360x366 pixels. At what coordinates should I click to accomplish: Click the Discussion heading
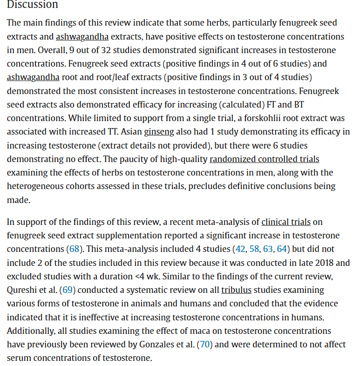click(33, 5)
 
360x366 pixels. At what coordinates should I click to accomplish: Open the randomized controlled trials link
click(264, 159)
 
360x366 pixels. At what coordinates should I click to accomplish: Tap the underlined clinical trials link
click(285, 222)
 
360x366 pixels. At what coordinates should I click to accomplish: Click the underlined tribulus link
click(236, 290)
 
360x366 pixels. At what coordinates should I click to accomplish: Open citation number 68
click(74, 249)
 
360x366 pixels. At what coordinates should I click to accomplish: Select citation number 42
click(240, 249)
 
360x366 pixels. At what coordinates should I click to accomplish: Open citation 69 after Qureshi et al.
click(68, 290)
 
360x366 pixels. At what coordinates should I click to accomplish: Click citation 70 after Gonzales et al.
click(205, 345)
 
